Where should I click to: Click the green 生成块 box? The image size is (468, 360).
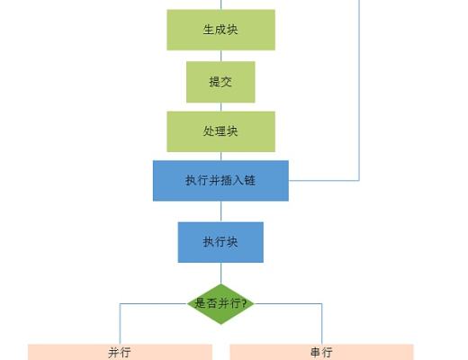coord(220,30)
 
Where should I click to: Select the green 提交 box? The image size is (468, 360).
coord(220,82)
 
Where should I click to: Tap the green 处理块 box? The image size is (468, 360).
coord(220,131)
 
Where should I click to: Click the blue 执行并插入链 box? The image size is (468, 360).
coord(220,180)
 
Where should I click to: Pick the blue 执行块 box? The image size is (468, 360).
coord(220,242)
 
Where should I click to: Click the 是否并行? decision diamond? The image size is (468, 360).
coord(220,303)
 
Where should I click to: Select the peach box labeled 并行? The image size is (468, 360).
coord(120,352)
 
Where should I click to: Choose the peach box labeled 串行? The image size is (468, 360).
coord(321,352)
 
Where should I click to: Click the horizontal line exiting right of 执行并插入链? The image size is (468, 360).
coord(324,180)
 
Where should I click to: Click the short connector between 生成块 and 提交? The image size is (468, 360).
coord(220,56)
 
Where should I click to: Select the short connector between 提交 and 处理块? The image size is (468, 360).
coord(220,107)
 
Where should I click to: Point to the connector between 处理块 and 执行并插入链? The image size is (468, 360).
coord(220,156)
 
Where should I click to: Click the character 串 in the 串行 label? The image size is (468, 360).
coord(316,352)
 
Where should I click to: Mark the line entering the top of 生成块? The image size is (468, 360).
coord(220,4)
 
